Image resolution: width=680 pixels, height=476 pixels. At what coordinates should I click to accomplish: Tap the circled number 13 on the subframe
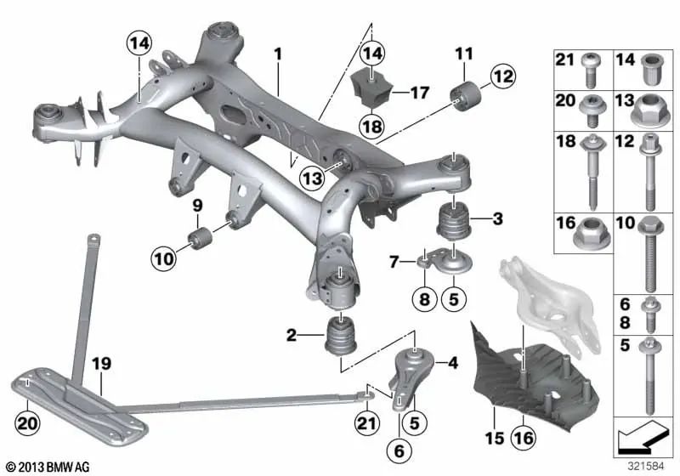pos(312,178)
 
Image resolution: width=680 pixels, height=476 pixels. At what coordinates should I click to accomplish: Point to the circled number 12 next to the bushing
pos(502,77)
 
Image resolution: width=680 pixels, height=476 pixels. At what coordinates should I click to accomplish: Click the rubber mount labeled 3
pos(454,223)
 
